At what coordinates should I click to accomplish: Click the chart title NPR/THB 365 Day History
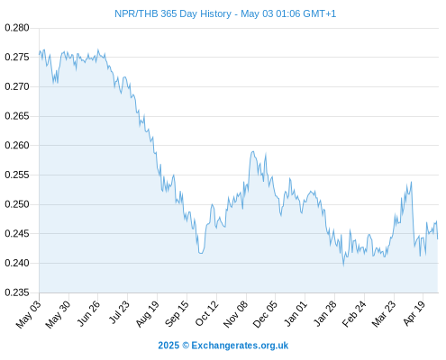click(173, 13)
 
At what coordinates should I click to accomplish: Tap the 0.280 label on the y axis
click(17, 28)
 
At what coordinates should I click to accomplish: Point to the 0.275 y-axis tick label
click(17, 57)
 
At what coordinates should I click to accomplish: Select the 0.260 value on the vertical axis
click(17, 146)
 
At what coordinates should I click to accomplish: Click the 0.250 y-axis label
click(17, 204)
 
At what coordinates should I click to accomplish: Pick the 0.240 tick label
click(17, 263)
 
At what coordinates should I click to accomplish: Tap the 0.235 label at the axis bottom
click(17, 292)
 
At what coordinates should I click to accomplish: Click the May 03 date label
click(28, 314)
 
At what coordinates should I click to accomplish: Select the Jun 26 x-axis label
click(88, 312)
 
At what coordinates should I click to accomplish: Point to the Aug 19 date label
click(147, 313)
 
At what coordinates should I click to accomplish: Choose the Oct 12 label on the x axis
click(206, 313)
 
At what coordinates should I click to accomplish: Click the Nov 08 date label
click(236, 313)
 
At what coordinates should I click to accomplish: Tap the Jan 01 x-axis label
click(296, 313)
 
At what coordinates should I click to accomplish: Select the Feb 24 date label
click(354, 313)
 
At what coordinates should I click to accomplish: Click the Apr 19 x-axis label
click(414, 312)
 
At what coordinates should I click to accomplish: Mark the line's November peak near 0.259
click(253, 151)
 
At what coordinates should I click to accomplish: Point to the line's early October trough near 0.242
click(201, 253)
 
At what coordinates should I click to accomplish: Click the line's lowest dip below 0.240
click(343, 265)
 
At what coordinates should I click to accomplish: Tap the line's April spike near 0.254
click(411, 182)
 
